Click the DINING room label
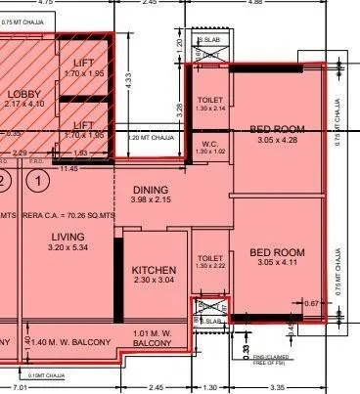coord(150,190)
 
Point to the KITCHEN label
coord(154,270)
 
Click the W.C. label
coord(209,145)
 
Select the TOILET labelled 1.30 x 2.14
coord(210,101)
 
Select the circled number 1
coord(37,180)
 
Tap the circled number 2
coord(4,180)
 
